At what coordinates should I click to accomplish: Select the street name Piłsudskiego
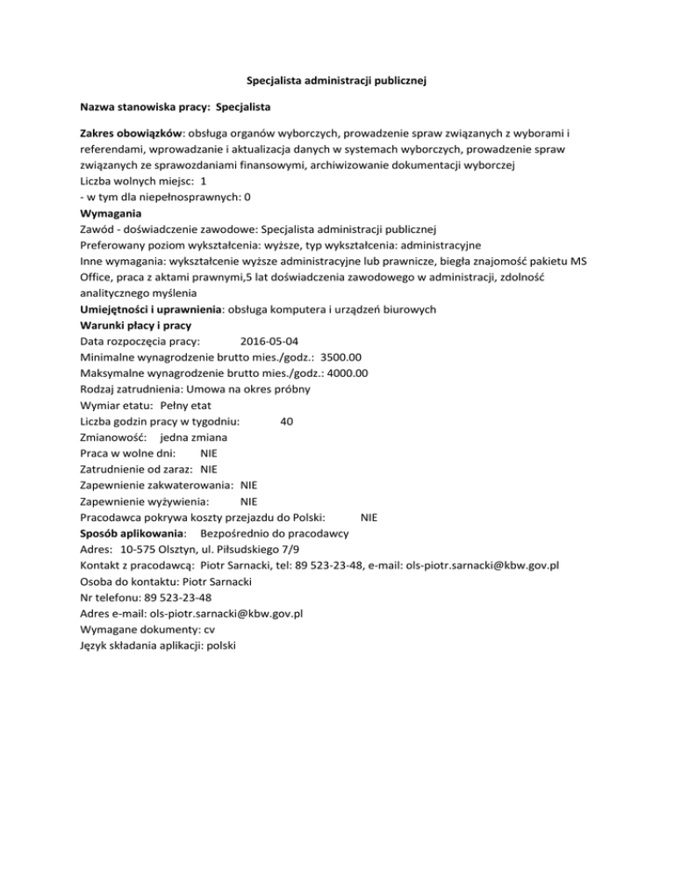tap(267, 549)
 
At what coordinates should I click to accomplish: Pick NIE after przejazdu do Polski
tap(369, 517)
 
